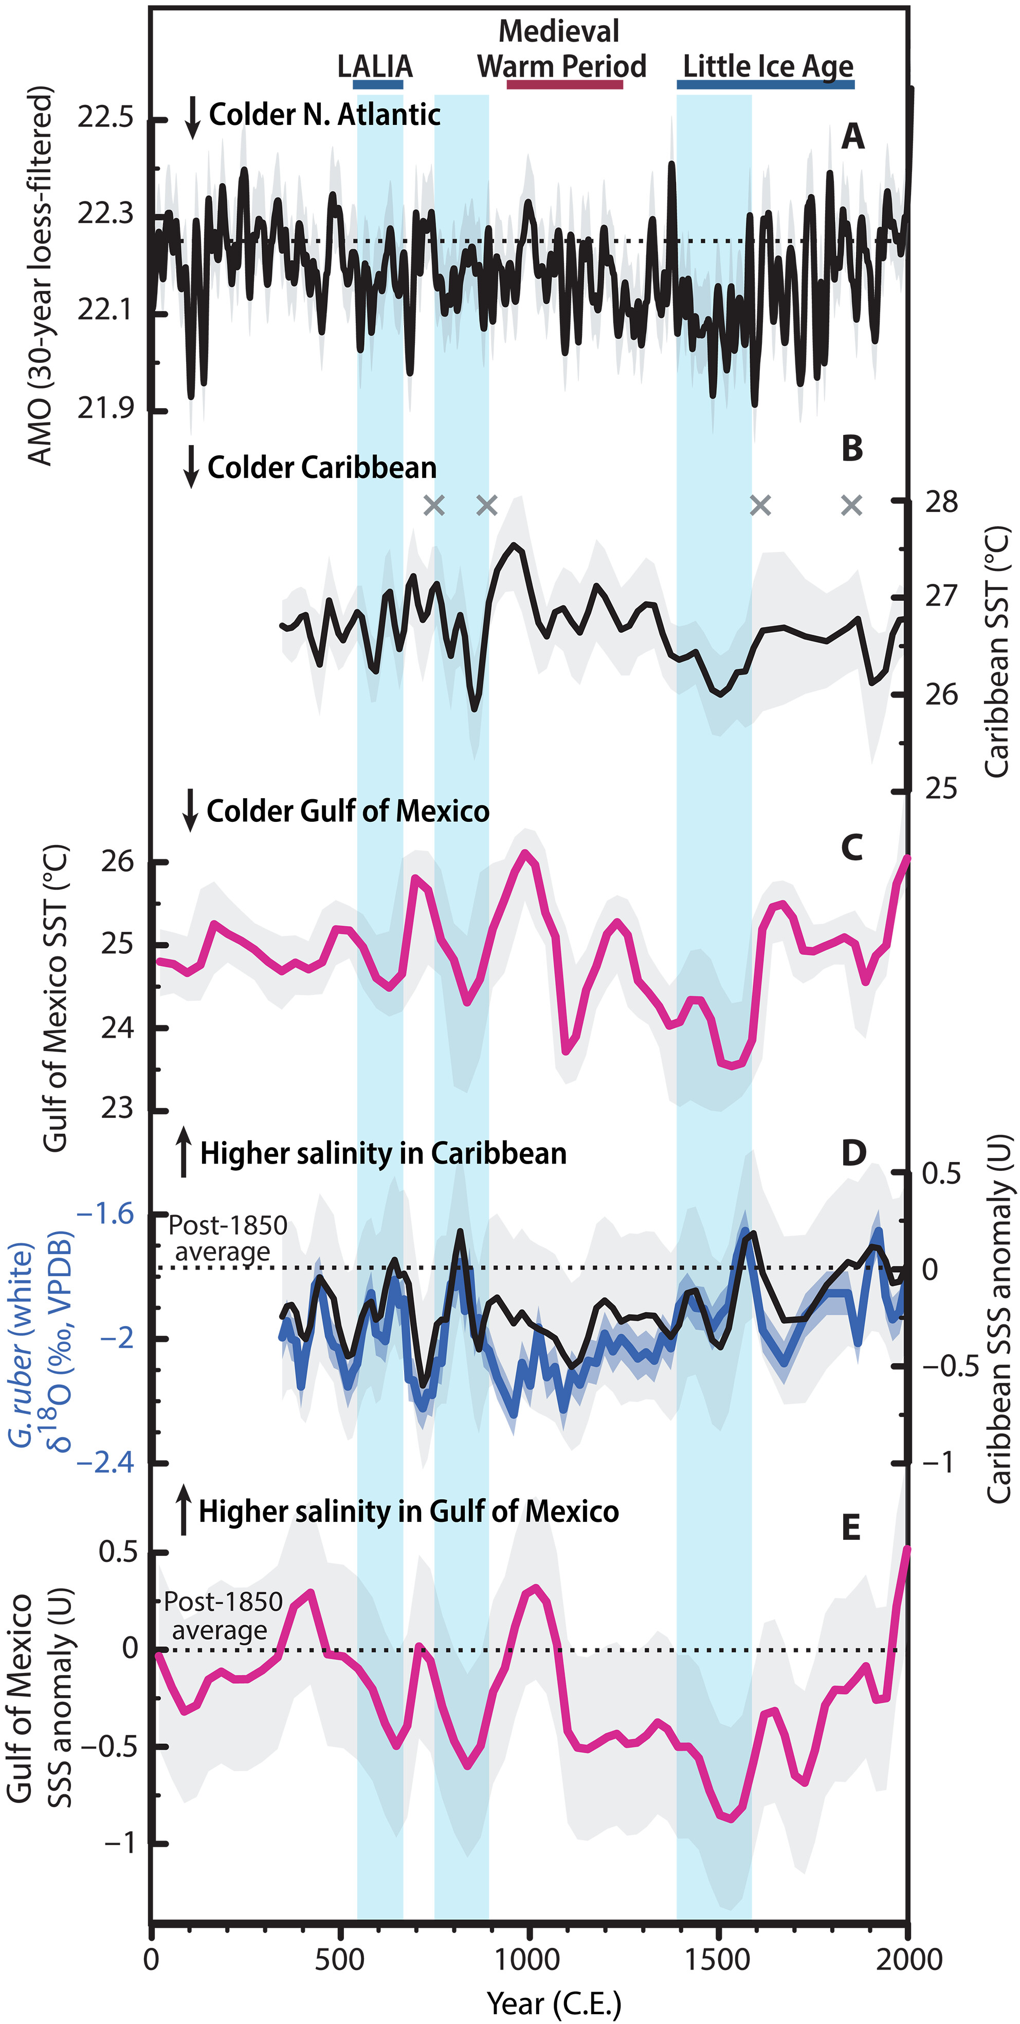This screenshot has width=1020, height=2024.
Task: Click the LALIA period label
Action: click(x=375, y=66)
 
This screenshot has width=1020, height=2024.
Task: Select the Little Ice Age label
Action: click(x=767, y=66)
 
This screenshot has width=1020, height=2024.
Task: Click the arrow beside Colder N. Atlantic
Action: click(x=192, y=118)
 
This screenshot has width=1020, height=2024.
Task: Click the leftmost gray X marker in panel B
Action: click(x=434, y=505)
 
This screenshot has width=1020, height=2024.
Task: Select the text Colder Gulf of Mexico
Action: click(x=348, y=811)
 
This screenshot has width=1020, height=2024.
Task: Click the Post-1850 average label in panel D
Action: click(x=227, y=1238)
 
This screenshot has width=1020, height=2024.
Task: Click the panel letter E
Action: click(x=851, y=1528)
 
